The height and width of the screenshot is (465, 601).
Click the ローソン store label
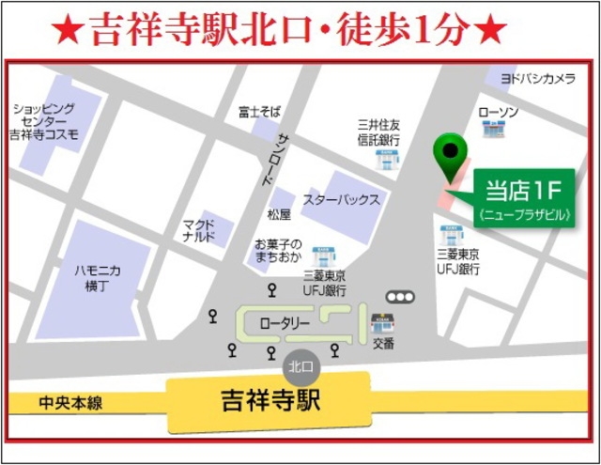point(499,113)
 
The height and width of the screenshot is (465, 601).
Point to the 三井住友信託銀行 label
point(379,132)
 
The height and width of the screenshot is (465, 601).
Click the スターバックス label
point(341,200)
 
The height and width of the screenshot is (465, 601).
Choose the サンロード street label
point(285,154)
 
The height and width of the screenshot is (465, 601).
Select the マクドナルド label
point(199,231)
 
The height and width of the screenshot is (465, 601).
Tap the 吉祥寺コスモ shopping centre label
point(44,122)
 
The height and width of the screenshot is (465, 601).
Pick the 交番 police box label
point(382,344)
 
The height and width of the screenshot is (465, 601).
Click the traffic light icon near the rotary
point(401,297)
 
